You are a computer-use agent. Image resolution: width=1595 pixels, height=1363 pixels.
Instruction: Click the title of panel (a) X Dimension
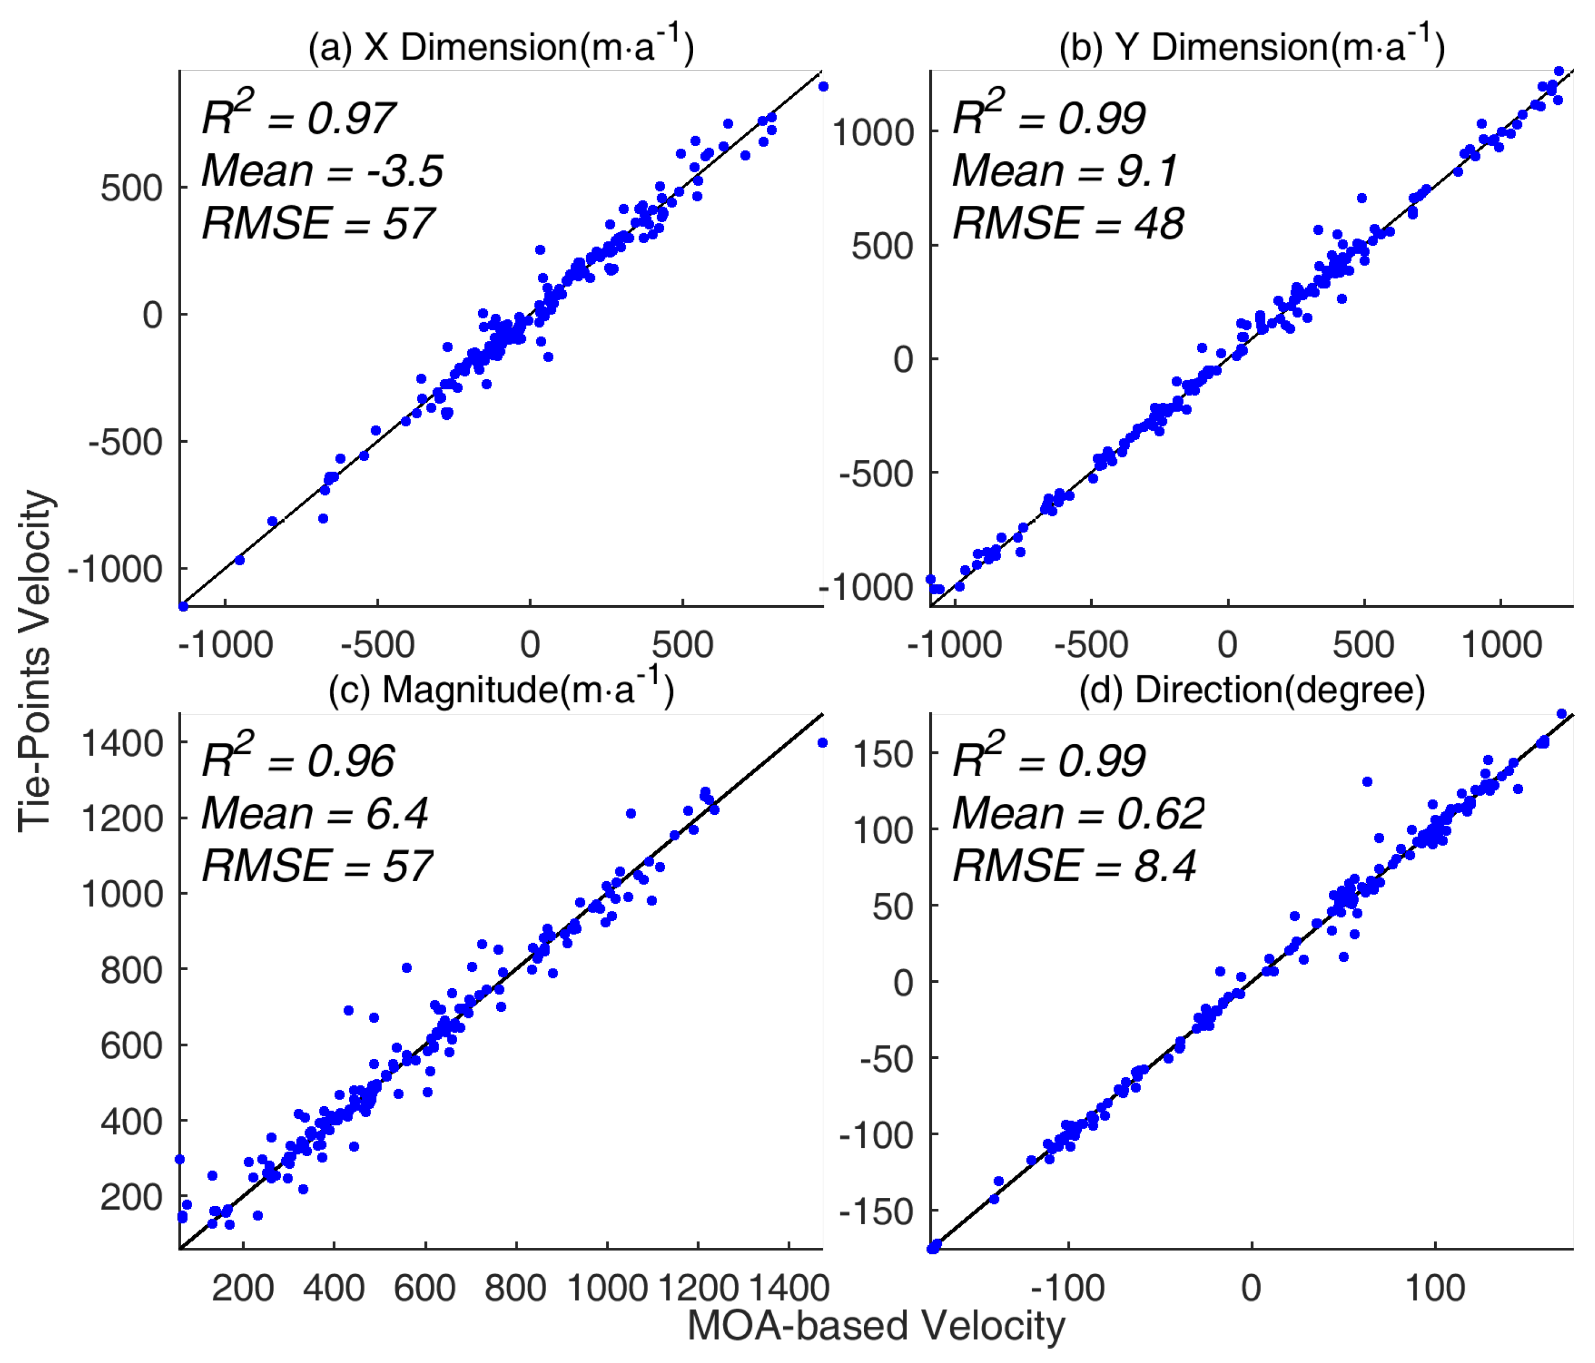[501, 46]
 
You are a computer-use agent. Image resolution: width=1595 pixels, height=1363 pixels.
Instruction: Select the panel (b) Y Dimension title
[1251, 46]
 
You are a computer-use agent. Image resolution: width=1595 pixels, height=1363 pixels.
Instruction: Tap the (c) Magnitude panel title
[501, 688]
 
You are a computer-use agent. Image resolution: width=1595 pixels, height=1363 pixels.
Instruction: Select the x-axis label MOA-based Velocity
[876, 1325]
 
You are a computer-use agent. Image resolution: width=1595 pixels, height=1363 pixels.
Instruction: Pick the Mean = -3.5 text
[322, 170]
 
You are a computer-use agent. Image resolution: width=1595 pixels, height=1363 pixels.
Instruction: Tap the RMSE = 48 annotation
[1068, 223]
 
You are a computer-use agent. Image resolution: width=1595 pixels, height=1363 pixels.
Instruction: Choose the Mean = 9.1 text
[1065, 170]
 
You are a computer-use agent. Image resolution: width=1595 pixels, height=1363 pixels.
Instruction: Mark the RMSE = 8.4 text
[1074, 866]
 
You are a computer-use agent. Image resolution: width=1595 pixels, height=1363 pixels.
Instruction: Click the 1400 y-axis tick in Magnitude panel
[122, 743]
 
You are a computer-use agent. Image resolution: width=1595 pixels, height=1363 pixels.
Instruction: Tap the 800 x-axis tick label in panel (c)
[516, 1288]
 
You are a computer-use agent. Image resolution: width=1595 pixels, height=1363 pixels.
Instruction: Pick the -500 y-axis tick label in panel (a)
[126, 442]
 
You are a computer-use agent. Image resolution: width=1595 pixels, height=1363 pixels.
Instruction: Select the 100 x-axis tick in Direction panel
[1435, 1288]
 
